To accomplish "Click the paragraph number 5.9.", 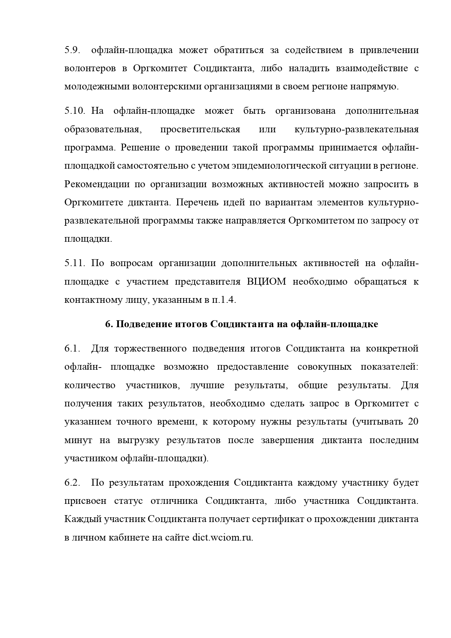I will (x=72, y=50).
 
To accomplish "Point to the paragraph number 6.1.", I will (x=72, y=349).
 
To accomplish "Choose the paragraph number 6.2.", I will (x=72, y=483).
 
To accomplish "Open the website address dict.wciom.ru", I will (x=222, y=538).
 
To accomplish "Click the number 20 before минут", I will (x=413, y=422).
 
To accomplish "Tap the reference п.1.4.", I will (x=224, y=300).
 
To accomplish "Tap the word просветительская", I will (x=200, y=129).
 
